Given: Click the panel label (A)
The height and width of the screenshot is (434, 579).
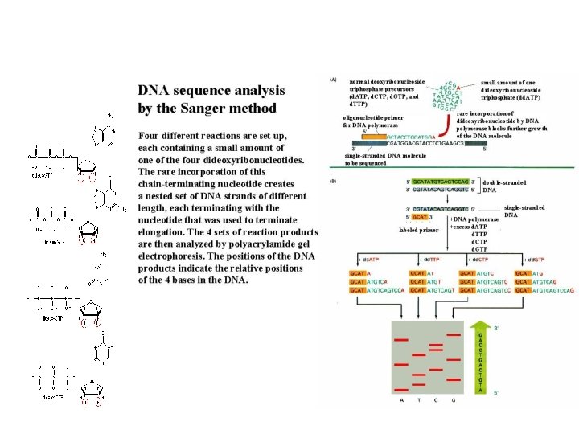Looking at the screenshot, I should pyautogui.click(x=333, y=80).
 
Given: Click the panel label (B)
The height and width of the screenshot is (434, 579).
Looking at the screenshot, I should pyautogui.click(x=333, y=181).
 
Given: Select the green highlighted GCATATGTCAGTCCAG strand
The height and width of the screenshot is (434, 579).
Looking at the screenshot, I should pyautogui.click(x=441, y=182).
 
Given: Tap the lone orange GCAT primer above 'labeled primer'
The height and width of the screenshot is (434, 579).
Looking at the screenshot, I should pyautogui.click(x=419, y=216).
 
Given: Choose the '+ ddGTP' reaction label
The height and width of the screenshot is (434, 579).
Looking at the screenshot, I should pyautogui.click(x=533, y=260).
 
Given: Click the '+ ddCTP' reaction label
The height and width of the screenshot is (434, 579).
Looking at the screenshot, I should pyautogui.click(x=479, y=260).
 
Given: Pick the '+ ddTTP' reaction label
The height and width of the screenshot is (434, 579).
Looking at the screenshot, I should pyautogui.click(x=426, y=260).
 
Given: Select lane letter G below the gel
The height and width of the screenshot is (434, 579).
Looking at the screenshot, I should pyautogui.click(x=453, y=399).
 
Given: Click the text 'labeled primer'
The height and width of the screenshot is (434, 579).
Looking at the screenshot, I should pyautogui.click(x=419, y=230).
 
